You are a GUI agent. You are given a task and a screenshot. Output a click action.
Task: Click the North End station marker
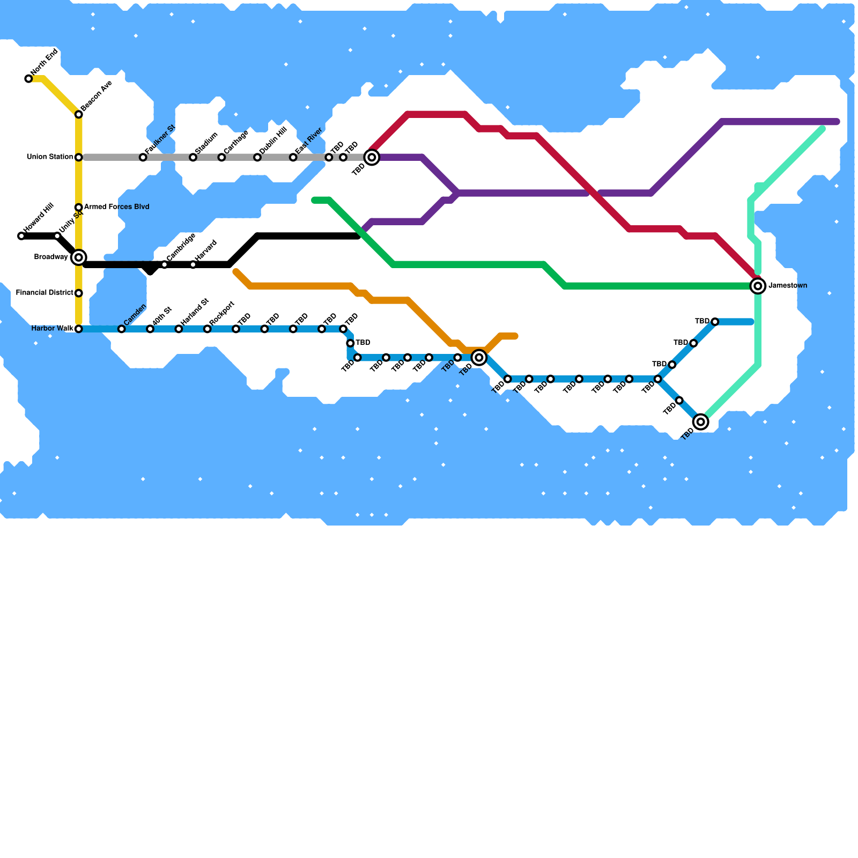[28, 79]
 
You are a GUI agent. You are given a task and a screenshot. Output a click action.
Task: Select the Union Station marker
[78, 157]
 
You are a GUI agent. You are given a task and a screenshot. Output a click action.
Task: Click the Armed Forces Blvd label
[116, 207]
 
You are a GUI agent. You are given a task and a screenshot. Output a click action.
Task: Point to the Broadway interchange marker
[78, 257]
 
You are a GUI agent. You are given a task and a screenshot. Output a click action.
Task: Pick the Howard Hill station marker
[21, 236]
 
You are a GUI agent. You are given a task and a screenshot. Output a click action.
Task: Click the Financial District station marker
[78, 293]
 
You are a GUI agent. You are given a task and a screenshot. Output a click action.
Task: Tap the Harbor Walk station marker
[78, 329]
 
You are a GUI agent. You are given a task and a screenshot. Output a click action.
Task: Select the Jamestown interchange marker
[758, 286]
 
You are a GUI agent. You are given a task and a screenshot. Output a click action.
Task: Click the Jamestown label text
[788, 286]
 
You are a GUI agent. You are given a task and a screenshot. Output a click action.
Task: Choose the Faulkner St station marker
[143, 157]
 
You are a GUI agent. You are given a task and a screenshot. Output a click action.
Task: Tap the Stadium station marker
[193, 157]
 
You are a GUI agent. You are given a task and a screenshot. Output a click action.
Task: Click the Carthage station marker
[221, 157]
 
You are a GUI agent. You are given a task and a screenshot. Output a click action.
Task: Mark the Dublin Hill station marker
[257, 157]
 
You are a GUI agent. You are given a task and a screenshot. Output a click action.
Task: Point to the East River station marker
[293, 157]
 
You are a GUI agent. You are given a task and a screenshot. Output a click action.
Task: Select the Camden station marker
[121, 329]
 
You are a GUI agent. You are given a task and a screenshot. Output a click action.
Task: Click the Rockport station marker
[207, 329]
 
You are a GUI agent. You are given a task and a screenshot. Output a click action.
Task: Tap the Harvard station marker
[193, 264]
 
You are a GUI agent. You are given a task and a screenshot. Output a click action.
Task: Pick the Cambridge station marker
[164, 264]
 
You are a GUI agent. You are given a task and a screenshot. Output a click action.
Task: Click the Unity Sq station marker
[57, 236]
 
